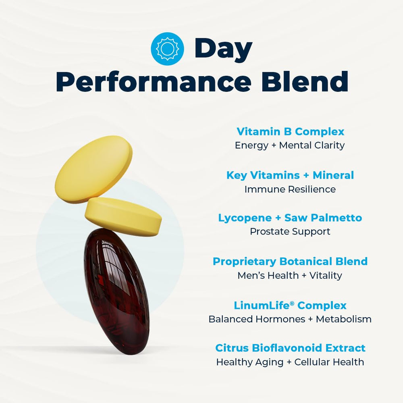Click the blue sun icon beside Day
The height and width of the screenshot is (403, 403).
[167, 49]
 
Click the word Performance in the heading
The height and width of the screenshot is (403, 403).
[156, 81]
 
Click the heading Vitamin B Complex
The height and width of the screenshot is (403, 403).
[290, 132]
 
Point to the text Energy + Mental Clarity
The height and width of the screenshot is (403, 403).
[290, 145]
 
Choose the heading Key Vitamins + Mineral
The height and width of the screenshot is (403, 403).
[290, 175]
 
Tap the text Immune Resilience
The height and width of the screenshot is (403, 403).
[290, 189]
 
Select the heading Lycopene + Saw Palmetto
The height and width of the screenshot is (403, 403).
[290, 218]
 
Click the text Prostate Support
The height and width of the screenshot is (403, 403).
[290, 232]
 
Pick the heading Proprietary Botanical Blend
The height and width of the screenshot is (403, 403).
[290, 262]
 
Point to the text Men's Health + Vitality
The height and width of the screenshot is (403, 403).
[290, 276]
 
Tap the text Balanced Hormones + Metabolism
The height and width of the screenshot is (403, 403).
[290, 319]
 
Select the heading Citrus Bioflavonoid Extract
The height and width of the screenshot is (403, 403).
[290, 348]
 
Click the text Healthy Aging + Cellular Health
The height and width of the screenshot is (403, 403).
[290, 362]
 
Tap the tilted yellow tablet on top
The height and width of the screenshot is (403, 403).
[93, 168]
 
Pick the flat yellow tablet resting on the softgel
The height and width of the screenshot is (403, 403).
[124, 216]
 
